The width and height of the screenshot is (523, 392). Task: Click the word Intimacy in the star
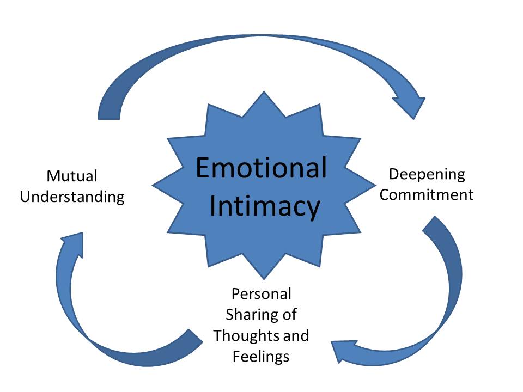tap(265, 206)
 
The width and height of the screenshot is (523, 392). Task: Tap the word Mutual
tap(72, 176)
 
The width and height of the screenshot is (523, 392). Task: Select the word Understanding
tap(72, 197)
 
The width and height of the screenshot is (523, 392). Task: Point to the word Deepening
tap(427, 175)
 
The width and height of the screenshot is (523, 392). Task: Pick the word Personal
tap(261, 294)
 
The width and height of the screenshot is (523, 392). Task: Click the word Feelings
tap(261, 356)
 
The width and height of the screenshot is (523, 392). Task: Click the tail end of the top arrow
tap(108, 109)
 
